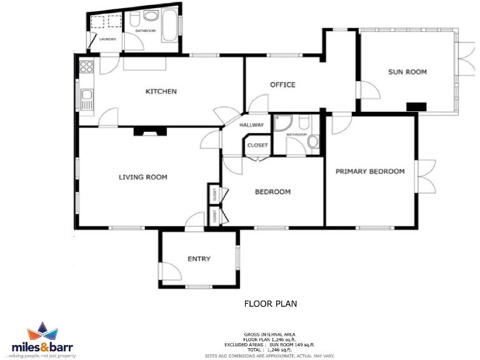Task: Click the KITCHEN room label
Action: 161,91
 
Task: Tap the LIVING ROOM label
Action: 143,177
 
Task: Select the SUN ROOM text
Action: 407,72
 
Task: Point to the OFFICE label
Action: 282,85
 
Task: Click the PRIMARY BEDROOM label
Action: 370,171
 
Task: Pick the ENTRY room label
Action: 199,259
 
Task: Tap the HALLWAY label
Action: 252,125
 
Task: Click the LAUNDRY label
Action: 107,39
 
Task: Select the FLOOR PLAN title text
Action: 270,304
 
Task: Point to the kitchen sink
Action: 86,99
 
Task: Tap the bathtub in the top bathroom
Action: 169,26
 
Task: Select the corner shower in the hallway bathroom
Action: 282,122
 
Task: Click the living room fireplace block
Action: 151,132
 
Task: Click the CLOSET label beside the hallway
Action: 257,146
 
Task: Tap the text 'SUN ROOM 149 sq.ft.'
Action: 297,344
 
